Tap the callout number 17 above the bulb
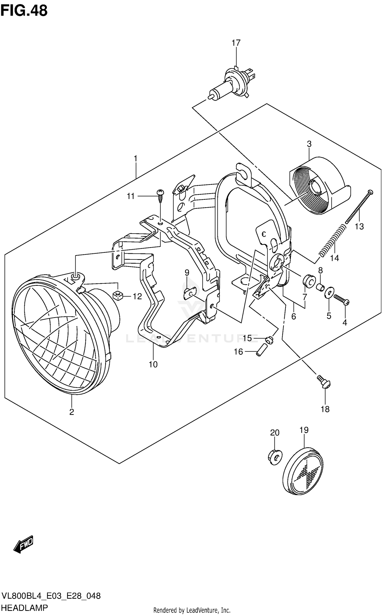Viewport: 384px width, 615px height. (x=236, y=43)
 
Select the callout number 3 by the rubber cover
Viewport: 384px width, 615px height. (x=309, y=144)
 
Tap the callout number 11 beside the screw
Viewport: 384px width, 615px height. (x=131, y=196)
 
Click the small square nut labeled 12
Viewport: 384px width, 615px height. (x=117, y=296)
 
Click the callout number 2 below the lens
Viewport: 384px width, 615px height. (x=71, y=412)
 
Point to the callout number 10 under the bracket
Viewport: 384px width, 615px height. (x=153, y=364)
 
